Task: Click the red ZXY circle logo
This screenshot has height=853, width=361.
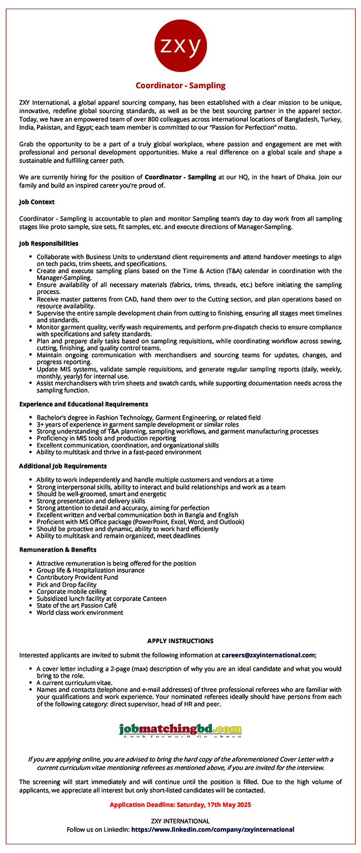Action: pyautogui.click(x=181, y=46)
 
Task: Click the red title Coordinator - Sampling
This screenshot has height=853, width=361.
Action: pyautogui.click(x=181, y=86)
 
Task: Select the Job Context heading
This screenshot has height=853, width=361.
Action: pyautogui.click(x=37, y=202)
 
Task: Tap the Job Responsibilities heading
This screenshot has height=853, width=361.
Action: pyautogui.click(x=49, y=244)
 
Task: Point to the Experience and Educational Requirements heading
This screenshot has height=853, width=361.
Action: pyautogui.click(x=84, y=404)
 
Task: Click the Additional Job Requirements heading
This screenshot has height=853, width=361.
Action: pyautogui.click(x=63, y=466)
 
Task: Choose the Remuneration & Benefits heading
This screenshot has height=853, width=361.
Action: pyautogui.click(x=58, y=549)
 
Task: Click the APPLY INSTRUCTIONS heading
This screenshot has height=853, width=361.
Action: pyautogui.click(x=181, y=641)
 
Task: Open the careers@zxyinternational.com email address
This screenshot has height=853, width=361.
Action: pyautogui.click(x=268, y=655)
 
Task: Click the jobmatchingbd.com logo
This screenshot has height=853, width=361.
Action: pyautogui.click(x=181, y=730)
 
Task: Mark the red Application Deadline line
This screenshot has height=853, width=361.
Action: pyautogui.click(x=181, y=804)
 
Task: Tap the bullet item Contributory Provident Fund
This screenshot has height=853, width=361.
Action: pyautogui.click(x=77, y=577)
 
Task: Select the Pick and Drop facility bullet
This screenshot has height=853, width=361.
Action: pyautogui.click(x=66, y=584)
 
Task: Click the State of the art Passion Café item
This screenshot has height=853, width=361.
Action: pyautogui.click(x=77, y=605)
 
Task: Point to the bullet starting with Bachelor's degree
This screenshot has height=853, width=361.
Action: pyautogui.click(x=149, y=418)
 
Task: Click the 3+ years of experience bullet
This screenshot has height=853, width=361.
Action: pyautogui.click(x=137, y=424)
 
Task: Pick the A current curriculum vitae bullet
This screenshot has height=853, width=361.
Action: pyautogui.click(x=74, y=683)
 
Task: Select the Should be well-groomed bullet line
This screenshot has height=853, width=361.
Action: pyautogui.click(x=101, y=494)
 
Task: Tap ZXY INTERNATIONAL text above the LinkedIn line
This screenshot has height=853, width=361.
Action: pyautogui.click(x=181, y=821)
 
